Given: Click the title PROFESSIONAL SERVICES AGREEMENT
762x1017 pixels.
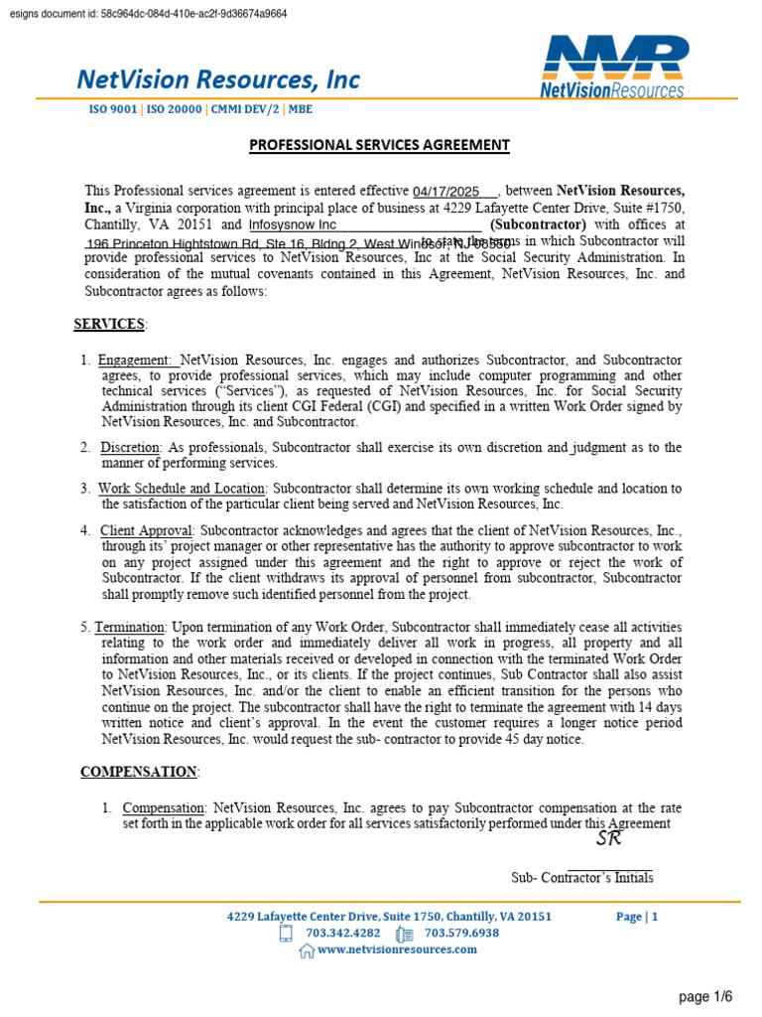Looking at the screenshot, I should click(379, 145).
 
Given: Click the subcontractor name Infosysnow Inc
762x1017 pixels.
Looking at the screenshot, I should click(293, 225).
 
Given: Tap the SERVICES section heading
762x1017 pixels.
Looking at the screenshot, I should click(109, 324).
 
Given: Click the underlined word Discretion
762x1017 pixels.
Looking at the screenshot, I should click(130, 448).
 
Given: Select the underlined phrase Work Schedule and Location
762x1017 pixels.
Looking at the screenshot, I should click(182, 489).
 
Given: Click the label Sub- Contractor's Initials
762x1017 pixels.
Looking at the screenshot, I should click(581, 878).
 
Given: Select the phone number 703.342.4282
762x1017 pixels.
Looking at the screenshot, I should click(343, 934).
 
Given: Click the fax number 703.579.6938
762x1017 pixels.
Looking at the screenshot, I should click(461, 934).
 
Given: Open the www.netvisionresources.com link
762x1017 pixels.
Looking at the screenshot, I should click(397, 949).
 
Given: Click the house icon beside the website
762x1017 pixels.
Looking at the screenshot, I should click(307, 950).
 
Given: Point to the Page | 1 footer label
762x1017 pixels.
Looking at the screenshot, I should click(636, 917).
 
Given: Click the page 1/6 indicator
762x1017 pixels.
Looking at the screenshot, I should click(705, 996).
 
